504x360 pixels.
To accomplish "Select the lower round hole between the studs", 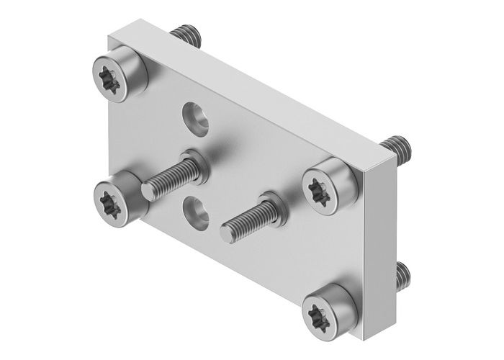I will click(x=195, y=211).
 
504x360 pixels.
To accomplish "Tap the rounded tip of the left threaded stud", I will click(x=147, y=192).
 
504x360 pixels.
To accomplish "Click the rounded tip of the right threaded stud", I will click(x=227, y=233).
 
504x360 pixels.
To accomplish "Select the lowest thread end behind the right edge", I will click(x=401, y=274).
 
